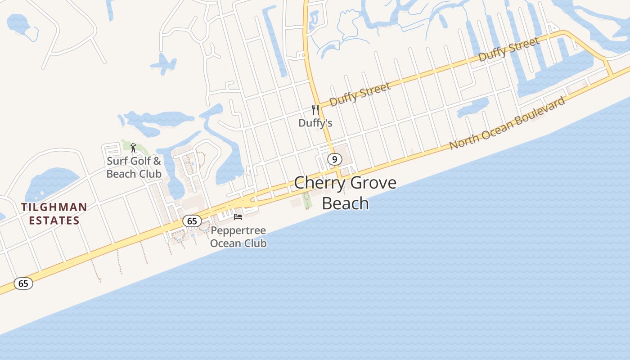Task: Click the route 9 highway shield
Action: (x=334, y=159)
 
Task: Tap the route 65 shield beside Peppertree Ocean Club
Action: (x=192, y=221)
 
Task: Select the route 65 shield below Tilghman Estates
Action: (x=23, y=283)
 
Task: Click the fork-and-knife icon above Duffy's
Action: (x=315, y=109)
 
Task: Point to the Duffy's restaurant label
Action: (x=315, y=123)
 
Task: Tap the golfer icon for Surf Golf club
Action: (x=133, y=147)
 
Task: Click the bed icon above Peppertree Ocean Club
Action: (x=238, y=217)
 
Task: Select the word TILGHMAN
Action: (x=54, y=207)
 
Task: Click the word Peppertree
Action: (x=238, y=231)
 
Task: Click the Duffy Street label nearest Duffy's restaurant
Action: (x=360, y=94)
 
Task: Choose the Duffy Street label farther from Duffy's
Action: (x=508, y=49)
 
